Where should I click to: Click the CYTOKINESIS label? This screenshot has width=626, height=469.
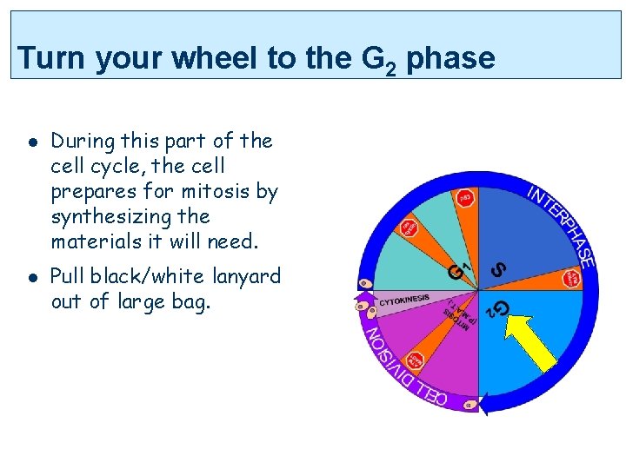point(404,300)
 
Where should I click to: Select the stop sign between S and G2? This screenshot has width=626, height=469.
point(571,279)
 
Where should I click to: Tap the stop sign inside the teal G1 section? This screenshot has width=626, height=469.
point(408,228)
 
